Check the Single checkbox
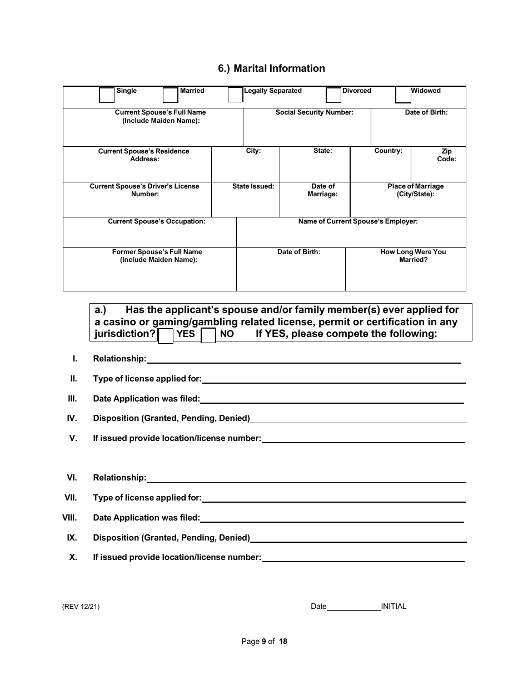tap(107, 96)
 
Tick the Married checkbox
tap(170, 96)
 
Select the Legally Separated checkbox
tap(236, 95)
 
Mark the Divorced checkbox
tap(333, 96)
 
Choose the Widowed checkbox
tap(403, 95)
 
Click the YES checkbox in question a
tap(166, 336)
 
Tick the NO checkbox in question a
tap(208, 336)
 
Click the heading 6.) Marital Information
tap(271, 68)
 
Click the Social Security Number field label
tap(315, 112)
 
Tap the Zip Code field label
tap(446, 155)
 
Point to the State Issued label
tap(253, 186)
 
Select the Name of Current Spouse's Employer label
tap(358, 221)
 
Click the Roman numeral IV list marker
tap(72, 418)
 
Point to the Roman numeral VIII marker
tap(69, 518)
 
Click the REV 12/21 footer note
tap(81, 607)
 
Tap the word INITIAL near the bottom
tap(393, 607)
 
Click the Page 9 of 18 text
tap(264, 641)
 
